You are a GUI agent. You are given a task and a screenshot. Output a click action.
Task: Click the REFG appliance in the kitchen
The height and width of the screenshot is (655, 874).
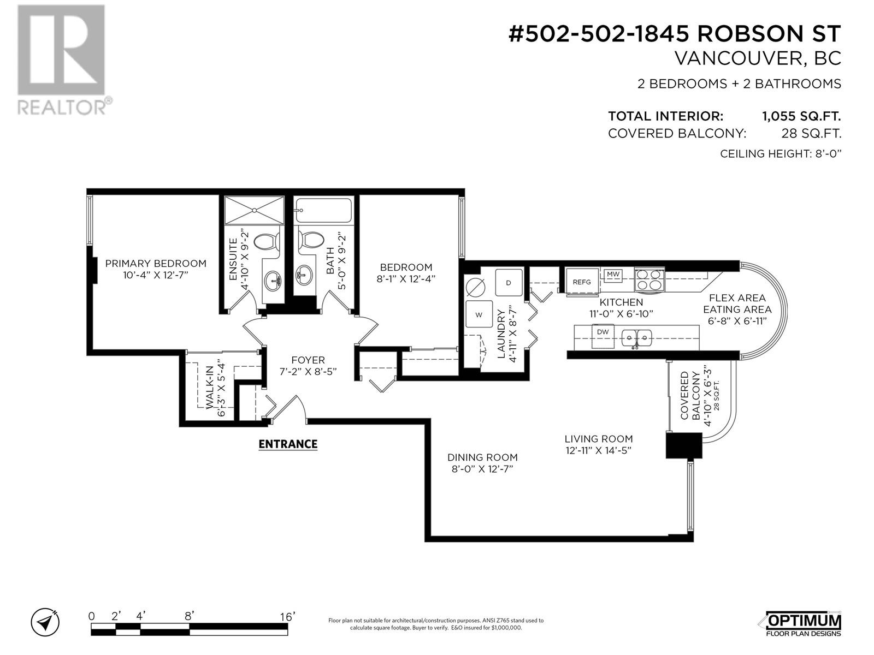pyautogui.click(x=582, y=282)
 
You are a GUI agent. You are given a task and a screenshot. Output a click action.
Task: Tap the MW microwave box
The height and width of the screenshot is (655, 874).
pyautogui.click(x=613, y=275)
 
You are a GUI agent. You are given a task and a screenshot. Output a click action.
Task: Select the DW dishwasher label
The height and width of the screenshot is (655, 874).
pyautogui.click(x=603, y=331)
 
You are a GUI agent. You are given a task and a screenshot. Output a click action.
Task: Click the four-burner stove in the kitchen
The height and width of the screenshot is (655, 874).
pyautogui.click(x=649, y=279)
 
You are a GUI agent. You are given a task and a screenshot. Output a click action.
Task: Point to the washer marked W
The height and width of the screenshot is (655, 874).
pyautogui.click(x=479, y=314)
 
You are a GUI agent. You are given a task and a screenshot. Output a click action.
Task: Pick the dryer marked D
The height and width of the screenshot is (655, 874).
pyautogui.click(x=509, y=282)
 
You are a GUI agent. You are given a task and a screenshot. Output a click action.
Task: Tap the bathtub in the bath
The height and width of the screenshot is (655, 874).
pyautogui.click(x=323, y=210)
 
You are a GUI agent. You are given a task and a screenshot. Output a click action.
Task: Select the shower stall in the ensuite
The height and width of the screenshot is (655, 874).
pyautogui.click(x=254, y=210)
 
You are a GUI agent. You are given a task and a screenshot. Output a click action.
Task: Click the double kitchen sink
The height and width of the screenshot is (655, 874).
pyautogui.click(x=637, y=338)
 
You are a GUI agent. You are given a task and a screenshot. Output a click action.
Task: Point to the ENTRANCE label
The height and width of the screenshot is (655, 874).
pyautogui.click(x=288, y=444)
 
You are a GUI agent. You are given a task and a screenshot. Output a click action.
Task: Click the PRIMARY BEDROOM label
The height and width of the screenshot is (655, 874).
pyautogui.click(x=156, y=263)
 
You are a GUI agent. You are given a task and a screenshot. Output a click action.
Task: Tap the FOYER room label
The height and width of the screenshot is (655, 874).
pyautogui.click(x=308, y=360)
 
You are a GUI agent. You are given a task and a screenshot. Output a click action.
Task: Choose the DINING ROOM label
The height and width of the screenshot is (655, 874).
pyautogui.click(x=482, y=457)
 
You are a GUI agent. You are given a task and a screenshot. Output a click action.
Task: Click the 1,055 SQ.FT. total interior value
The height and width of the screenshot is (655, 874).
pyautogui.click(x=801, y=116)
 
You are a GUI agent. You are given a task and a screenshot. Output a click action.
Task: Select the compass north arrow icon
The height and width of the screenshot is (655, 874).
pyautogui.click(x=45, y=622)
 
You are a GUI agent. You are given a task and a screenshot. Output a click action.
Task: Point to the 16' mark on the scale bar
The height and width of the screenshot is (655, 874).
pyautogui.click(x=287, y=617)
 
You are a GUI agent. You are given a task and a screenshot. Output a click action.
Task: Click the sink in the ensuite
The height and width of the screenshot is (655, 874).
pyautogui.click(x=273, y=281)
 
